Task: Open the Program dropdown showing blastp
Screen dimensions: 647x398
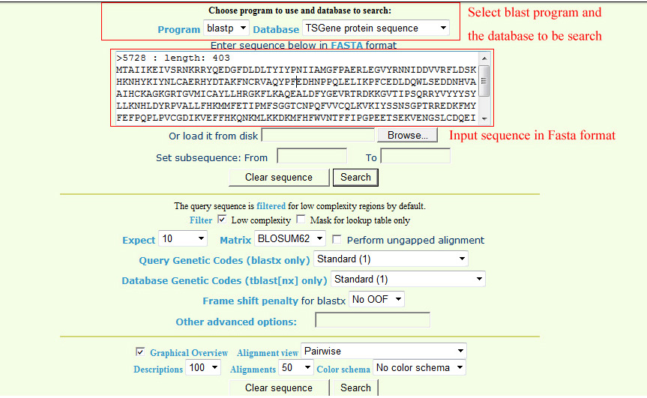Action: pyautogui.click(x=226, y=28)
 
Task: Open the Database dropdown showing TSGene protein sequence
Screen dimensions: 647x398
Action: pyautogui.click(x=376, y=28)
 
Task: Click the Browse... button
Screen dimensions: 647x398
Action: pyautogui.click(x=407, y=135)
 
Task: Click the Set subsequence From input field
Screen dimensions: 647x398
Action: pyautogui.click(x=312, y=157)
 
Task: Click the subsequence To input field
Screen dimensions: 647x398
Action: pyautogui.click(x=415, y=157)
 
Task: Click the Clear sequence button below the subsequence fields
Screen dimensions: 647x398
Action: pyautogui.click(x=279, y=178)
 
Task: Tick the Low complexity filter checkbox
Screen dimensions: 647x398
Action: pyautogui.click(x=222, y=220)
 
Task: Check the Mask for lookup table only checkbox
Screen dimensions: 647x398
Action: pyautogui.click(x=301, y=220)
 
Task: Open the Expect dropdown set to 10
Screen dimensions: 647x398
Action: pyautogui.click(x=183, y=239)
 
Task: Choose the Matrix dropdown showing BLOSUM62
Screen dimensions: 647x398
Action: pyautogui.click(x=289, y=239)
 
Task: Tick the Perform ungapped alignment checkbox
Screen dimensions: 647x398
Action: pyautogui.click(x=337, y=239)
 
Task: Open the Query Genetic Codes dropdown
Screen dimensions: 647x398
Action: pyautogui.click(x=391, y=259)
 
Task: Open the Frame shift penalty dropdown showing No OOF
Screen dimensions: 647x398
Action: pyautogui.click(x=376, y=299)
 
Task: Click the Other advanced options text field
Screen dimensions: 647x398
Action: pyautogui.click(x=372, y=319)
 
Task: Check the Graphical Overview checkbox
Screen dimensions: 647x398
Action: pyautogui.click(x=140, y=352)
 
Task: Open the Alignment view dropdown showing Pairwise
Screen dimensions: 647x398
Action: pyautogui.click(x=384, y=351)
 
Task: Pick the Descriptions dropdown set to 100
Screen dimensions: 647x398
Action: pyautogui.click(x=203, y=367)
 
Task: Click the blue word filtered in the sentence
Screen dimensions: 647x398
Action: pyautogui.click(x=271, y=206)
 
